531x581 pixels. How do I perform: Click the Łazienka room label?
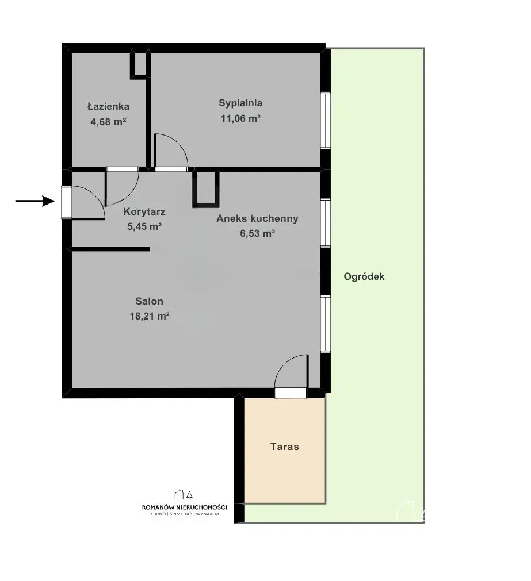pos(108,106)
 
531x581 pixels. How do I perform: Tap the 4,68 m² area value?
pos(108,121)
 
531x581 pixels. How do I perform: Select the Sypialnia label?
pos(240,103)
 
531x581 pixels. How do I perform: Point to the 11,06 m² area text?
pos(240,118)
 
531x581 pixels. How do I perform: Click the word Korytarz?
pos(144,211)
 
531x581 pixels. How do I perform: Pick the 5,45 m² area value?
pos(144,226)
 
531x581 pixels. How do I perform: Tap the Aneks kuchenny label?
pos(257,218)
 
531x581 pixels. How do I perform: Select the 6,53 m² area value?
pos(257,233)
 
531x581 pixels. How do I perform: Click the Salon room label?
pos(149,301)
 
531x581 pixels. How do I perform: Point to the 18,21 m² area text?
pos(149,316)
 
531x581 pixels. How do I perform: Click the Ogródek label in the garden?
pos(364,276)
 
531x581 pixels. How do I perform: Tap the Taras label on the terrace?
pos(284,447)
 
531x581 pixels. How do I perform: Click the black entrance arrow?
pos(35,201)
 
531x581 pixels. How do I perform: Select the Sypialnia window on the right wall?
pos(326,121)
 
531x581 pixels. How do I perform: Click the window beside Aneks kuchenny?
pos(326,223)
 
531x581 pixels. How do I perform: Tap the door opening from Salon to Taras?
pos(291,393)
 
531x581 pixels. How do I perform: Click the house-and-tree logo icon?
pos(184,494)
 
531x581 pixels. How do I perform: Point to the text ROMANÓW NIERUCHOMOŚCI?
pos(184,507)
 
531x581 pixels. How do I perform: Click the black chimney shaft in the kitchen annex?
pos(206,188)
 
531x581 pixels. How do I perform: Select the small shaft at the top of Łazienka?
pos(140,65)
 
